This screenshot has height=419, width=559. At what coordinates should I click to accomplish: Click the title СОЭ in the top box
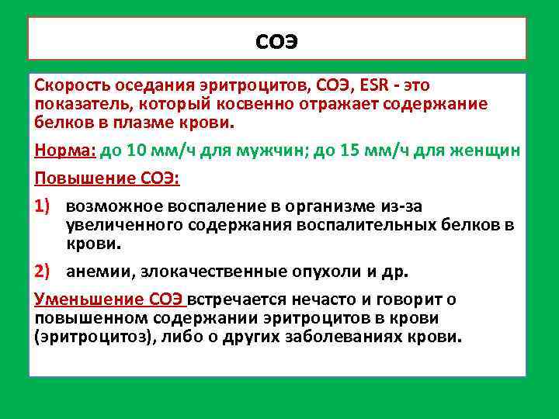(277, 40)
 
